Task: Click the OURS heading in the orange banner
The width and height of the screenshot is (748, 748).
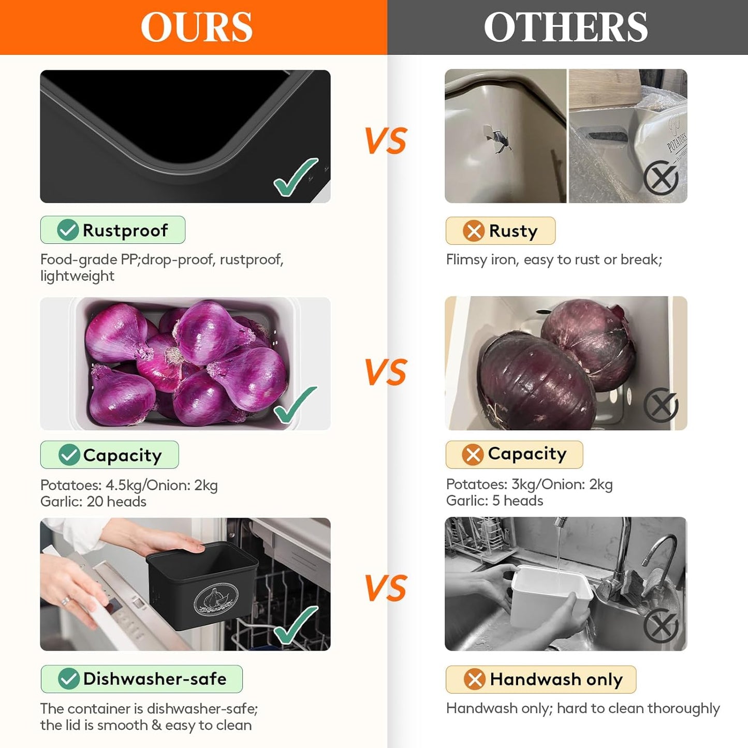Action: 196,27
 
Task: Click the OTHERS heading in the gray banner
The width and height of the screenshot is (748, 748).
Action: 566,27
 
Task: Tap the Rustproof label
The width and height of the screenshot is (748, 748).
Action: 125,230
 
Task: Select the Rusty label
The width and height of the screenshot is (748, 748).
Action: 513,231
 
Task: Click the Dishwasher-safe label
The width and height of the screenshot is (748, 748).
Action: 154,679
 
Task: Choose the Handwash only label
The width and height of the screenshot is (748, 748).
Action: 556,679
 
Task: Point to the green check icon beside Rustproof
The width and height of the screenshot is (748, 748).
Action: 68,230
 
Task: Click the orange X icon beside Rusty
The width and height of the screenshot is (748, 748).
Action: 474,231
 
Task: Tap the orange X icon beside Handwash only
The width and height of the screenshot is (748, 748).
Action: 474,679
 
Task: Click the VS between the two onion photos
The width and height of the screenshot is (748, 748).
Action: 386,372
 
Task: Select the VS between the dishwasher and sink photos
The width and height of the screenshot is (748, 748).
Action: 386,588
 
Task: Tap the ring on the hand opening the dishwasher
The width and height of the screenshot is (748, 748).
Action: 66,602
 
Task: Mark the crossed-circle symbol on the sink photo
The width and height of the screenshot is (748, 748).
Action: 661,626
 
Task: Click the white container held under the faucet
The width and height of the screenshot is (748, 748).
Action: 551,596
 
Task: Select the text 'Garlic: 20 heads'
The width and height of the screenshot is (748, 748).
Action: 93,502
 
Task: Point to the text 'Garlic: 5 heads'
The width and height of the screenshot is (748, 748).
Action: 494,501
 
